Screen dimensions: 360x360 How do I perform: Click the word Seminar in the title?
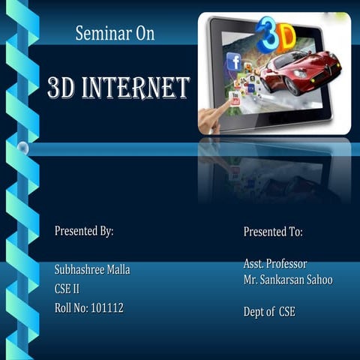click(x=99, y=33)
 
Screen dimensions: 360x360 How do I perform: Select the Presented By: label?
click(x=84, y=230)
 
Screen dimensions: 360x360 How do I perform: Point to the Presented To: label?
click(x=273, y=232)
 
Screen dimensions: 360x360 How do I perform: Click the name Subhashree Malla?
click(x=92, y=270)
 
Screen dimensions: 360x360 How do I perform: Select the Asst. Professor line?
click(x=275, y=264)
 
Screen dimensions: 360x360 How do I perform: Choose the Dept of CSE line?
click(x=269, y=311)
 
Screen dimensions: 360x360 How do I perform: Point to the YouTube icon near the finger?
click(x=235, y=97)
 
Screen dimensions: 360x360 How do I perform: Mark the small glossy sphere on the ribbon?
click(x=23, y=148)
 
